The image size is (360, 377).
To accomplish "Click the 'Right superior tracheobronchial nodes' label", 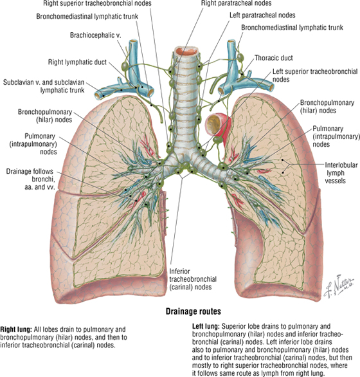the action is (97, 3).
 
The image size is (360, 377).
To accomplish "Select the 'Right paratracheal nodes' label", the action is (236, 3).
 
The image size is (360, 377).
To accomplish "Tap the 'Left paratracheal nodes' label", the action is (262, 15).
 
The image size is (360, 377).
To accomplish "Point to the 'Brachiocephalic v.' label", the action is (95, 35).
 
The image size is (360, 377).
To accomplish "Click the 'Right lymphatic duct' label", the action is (77, 62).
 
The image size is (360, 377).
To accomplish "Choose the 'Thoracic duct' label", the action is (274, 58).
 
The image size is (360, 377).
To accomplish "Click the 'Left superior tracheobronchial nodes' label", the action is (315, 75).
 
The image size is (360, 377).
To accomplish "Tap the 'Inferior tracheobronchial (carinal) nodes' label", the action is (193, 279).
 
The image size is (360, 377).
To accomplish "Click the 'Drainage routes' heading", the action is (194, 311).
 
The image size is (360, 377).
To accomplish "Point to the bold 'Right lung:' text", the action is (16, 329).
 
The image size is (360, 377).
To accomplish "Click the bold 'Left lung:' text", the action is (206, 326).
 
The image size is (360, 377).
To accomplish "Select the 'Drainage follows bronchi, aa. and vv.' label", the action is (30, 179).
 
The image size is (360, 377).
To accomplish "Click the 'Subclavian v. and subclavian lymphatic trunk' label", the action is (44, 86).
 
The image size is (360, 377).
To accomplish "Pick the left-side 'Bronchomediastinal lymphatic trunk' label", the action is (87, 16).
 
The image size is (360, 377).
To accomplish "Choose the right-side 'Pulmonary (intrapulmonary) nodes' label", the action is (336, 136).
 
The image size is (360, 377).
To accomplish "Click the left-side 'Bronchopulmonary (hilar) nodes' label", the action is (45, 116).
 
